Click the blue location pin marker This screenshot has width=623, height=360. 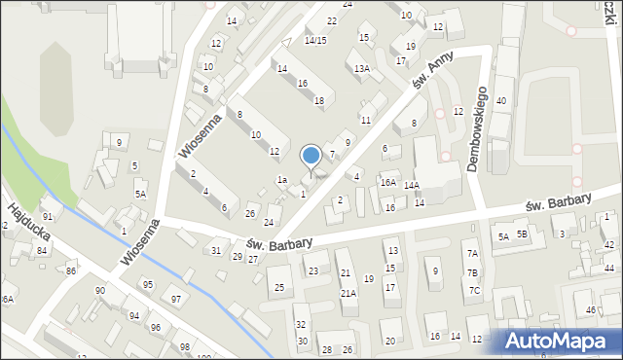click(x=311, y=156)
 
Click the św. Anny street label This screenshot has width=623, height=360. click(x=433, y=73)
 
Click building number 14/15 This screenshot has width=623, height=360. click(x=314, y=40)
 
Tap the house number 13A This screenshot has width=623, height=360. click(x=362, y=69)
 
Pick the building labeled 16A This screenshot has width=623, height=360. click(x=387, y=183)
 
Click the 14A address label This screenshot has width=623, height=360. click(x=412, y=185)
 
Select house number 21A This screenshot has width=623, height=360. click(x=348, y=293)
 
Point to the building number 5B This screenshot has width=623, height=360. click(x=522, y=234)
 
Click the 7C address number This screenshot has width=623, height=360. click(x=474, y=290)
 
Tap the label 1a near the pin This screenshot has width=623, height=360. click(x=281, y=180)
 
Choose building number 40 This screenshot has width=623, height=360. click(x=501, y=101)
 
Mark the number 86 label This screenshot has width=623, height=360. click(x=70, y=270)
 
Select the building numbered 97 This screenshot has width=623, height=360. click(x=175, y=299)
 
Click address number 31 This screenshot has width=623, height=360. click(x=216, y=251)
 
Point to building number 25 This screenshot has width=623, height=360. click(x=279, y=288)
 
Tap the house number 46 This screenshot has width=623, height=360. click(x=590, y=309)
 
